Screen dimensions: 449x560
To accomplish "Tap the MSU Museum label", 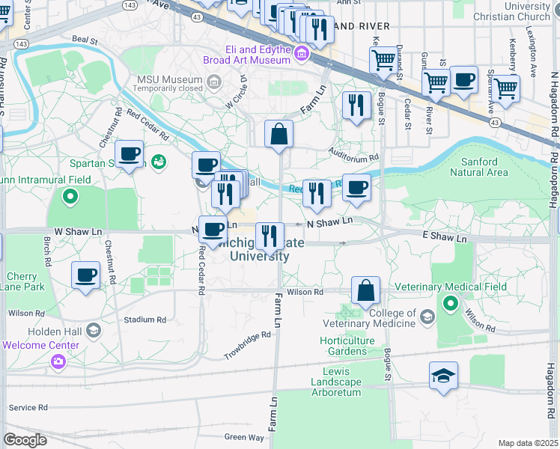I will tap(169, 79).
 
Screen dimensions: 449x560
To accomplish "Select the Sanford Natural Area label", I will tap(478, 167).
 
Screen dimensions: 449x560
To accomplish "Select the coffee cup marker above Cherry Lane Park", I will tap(86, 274).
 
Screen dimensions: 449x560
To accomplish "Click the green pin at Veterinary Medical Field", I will tap(451, 304).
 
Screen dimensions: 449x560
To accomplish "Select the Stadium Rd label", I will tap(144, 320).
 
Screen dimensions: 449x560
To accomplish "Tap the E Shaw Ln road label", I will tap(445, 237).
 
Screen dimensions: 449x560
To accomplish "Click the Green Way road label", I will tap(244, 437).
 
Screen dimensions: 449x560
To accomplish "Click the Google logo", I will tap(25, 440).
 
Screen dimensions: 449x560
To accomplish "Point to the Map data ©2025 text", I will tap(529, 443).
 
